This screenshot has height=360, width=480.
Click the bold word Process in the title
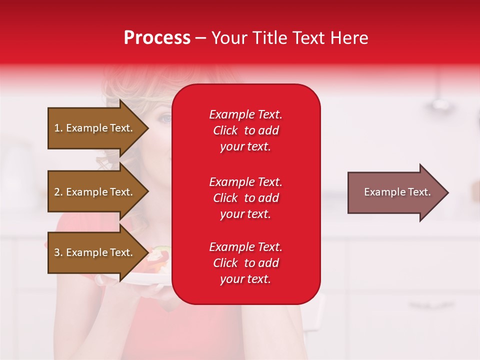pyautogui.click(x=157, y=38)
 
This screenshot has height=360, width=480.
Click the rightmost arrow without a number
pyautogui.click(x=397, y=192)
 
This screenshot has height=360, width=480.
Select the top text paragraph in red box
pyautogui.click(x=245, y=130)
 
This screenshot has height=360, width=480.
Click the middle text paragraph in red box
pyautogui.click(x=245, y=198)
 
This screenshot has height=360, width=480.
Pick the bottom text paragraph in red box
pyautogui.click(x=245, y=263)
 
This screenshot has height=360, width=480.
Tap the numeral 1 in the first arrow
pyautogui.click(x=57, y=128)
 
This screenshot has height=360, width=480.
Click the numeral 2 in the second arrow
pyautogui.click(x=57, y=192)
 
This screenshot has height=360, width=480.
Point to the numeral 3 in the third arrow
pyautogui.click(x=57, y=252)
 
